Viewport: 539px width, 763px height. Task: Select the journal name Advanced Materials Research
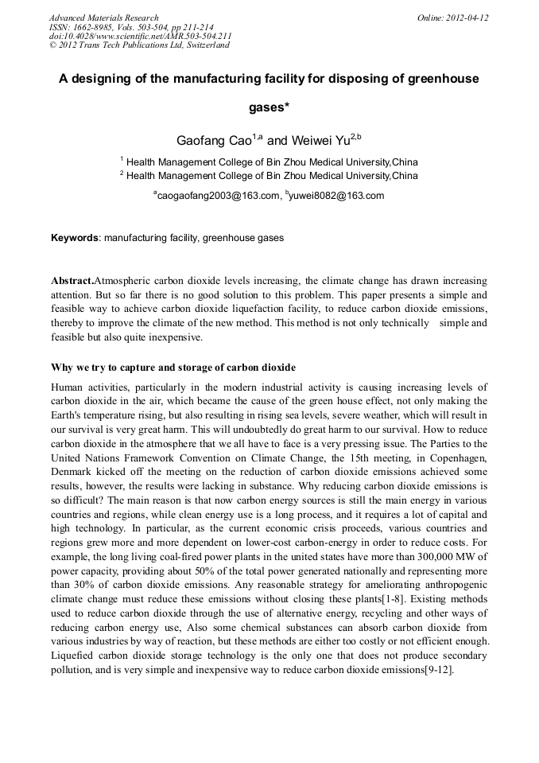coord(103,18)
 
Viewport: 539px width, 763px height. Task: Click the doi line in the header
coord(140,36)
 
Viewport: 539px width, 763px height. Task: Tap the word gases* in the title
coord(269,107)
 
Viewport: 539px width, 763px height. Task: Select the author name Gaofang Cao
coord(213,141)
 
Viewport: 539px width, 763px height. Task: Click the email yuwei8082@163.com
coord(337,196)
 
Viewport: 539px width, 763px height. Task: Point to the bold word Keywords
coord(75,238)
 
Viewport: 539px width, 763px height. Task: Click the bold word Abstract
coord(72,282)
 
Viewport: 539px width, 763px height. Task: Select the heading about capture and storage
coord(173,368)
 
